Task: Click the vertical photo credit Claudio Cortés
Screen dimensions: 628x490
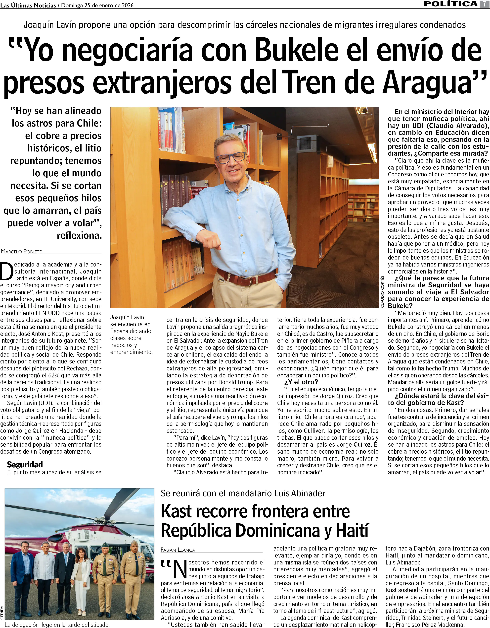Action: point(382,292)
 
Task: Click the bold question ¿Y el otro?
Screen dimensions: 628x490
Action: point(301,382)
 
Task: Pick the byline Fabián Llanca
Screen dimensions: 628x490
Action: point(178,550)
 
